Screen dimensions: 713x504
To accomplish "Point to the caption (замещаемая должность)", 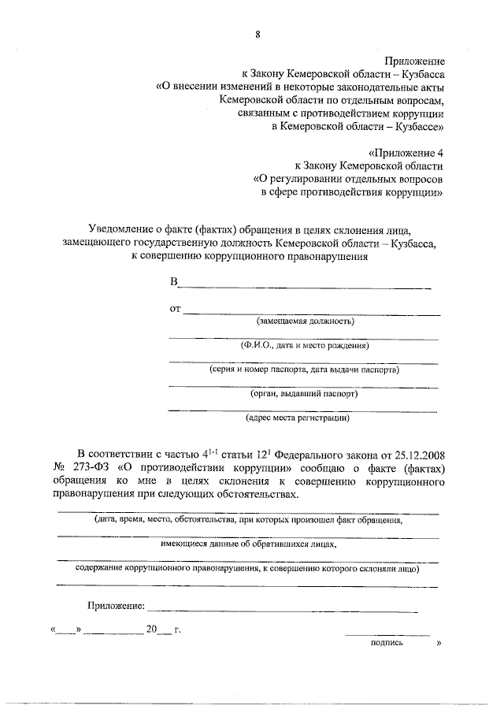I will [306, 322].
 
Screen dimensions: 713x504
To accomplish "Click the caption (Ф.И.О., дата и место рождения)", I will [306, 346].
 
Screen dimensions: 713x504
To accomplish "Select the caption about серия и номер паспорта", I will [304, 369].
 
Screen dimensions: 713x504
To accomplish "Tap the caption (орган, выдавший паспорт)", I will [304, 393].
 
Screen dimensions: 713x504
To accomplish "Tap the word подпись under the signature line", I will [387, 643].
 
